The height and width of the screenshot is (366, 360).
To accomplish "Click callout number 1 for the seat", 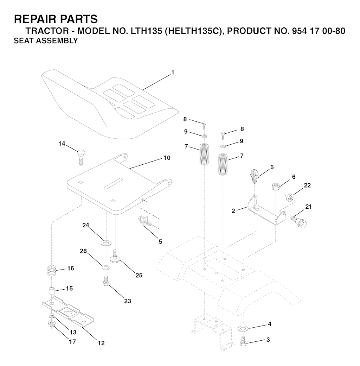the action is coord(173,72).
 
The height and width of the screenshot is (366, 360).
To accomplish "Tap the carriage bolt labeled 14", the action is coord(81,157).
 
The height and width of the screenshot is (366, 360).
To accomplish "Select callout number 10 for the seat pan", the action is coord(167,158).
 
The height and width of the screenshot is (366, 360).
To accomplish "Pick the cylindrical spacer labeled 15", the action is coord(52,292).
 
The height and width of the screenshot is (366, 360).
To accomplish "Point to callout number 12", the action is coord(101,343).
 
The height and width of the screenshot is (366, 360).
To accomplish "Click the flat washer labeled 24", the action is coord(106,244).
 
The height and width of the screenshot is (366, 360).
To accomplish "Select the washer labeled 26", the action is coord(106,267).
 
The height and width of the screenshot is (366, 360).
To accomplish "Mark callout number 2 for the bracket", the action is coord(233,211).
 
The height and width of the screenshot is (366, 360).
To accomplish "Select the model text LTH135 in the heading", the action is coord(146,31).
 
